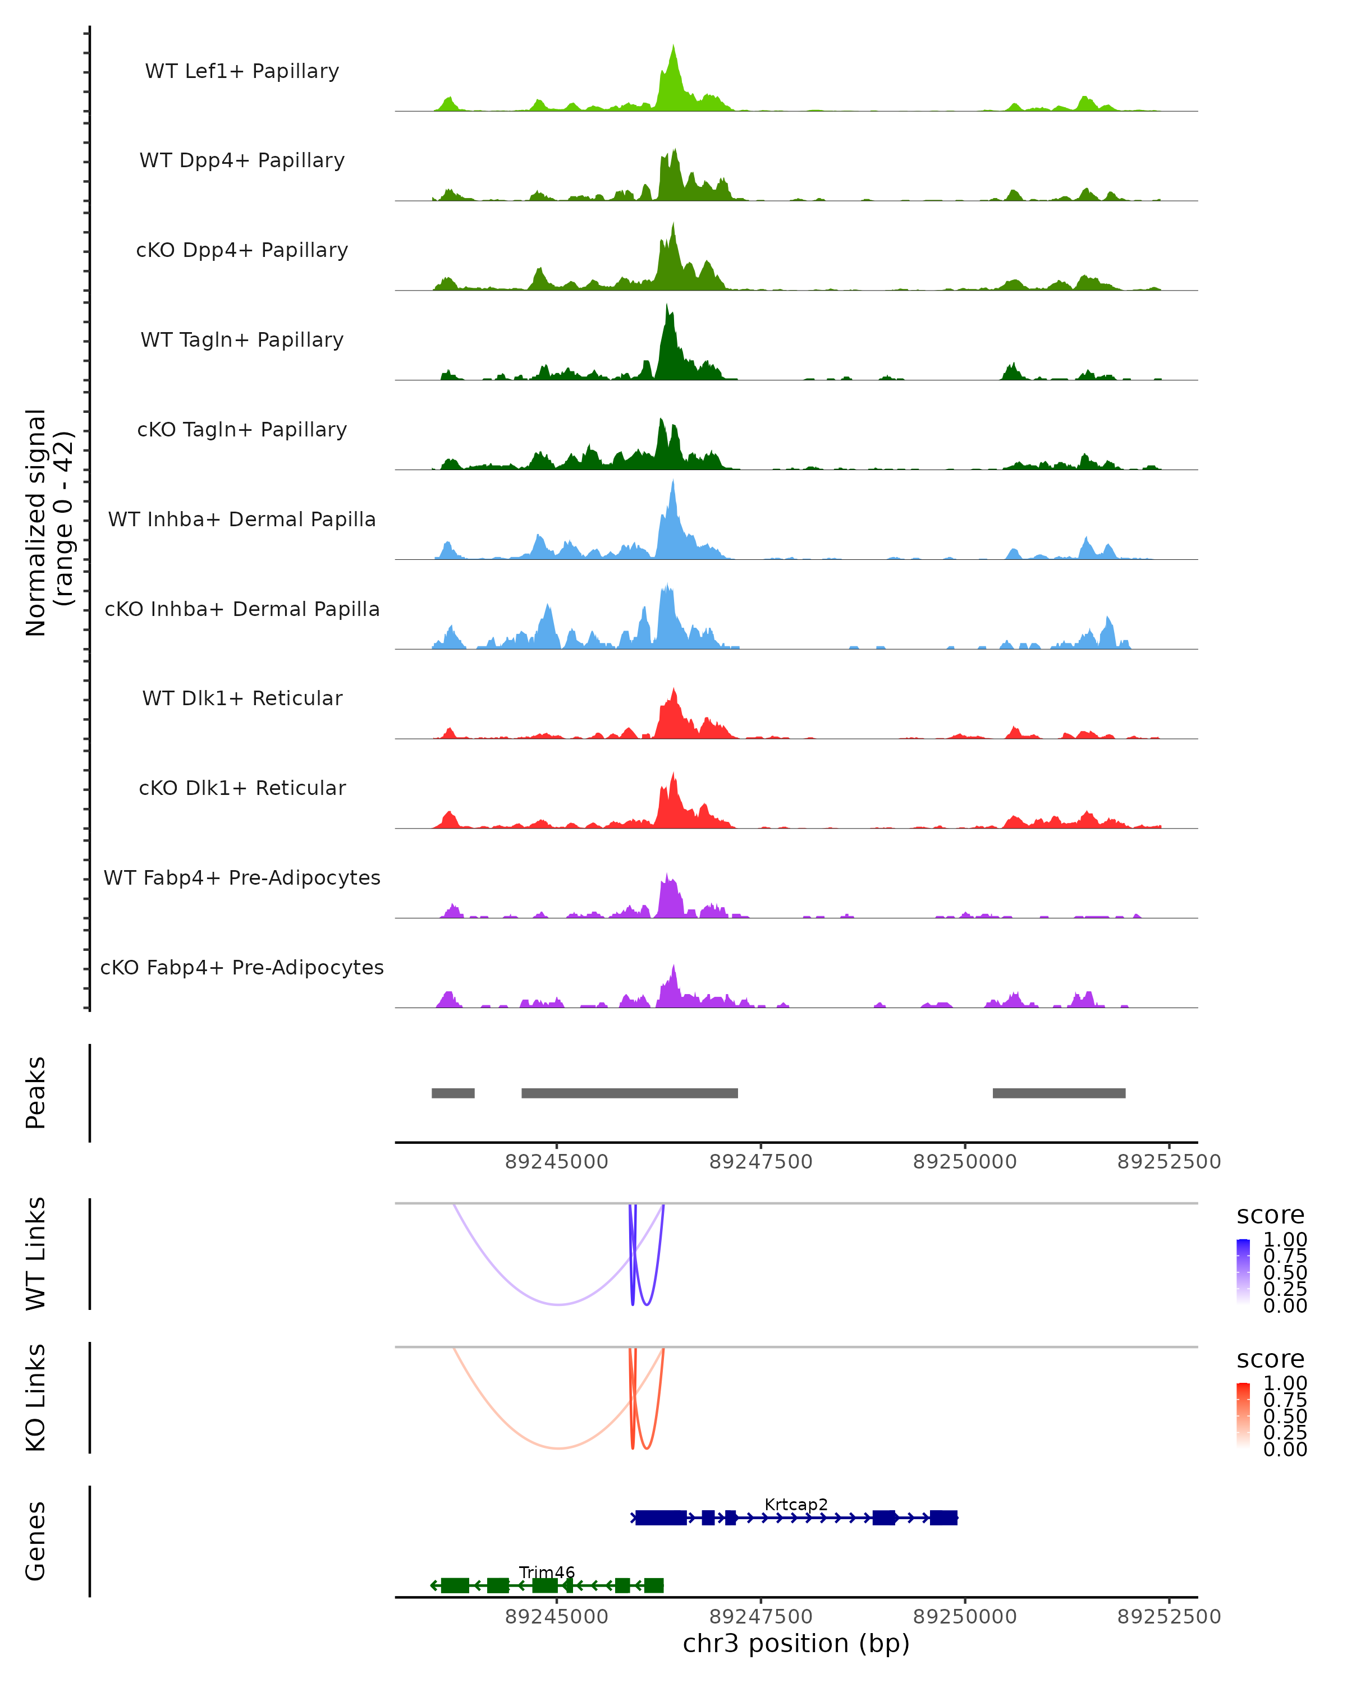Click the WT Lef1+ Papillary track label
click(x=242, y=71)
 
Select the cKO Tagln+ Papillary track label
click(x=242, y=429)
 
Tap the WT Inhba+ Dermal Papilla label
click(x=242, y=519)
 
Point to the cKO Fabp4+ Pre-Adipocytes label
click(x=242, y=967)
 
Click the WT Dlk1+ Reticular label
click(x=242, y=698)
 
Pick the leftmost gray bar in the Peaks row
click(x=453, y=1093)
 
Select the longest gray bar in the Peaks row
click(x=629, y=1093)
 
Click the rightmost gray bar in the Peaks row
click(x=1059, y=1093)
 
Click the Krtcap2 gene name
click(x=796, y=1504)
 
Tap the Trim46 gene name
click(x=547, y=1572)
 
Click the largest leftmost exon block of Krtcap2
click(x=661, y=1518)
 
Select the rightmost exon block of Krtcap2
click(x=943, y=1518)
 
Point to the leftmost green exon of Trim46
click(x=455, y=1585)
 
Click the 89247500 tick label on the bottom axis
click(x=760, y=1616)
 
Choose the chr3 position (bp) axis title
click(x=796, y=1643)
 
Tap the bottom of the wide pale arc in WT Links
click(x=559, y=1304)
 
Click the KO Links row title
click(x=36, y=1397)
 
